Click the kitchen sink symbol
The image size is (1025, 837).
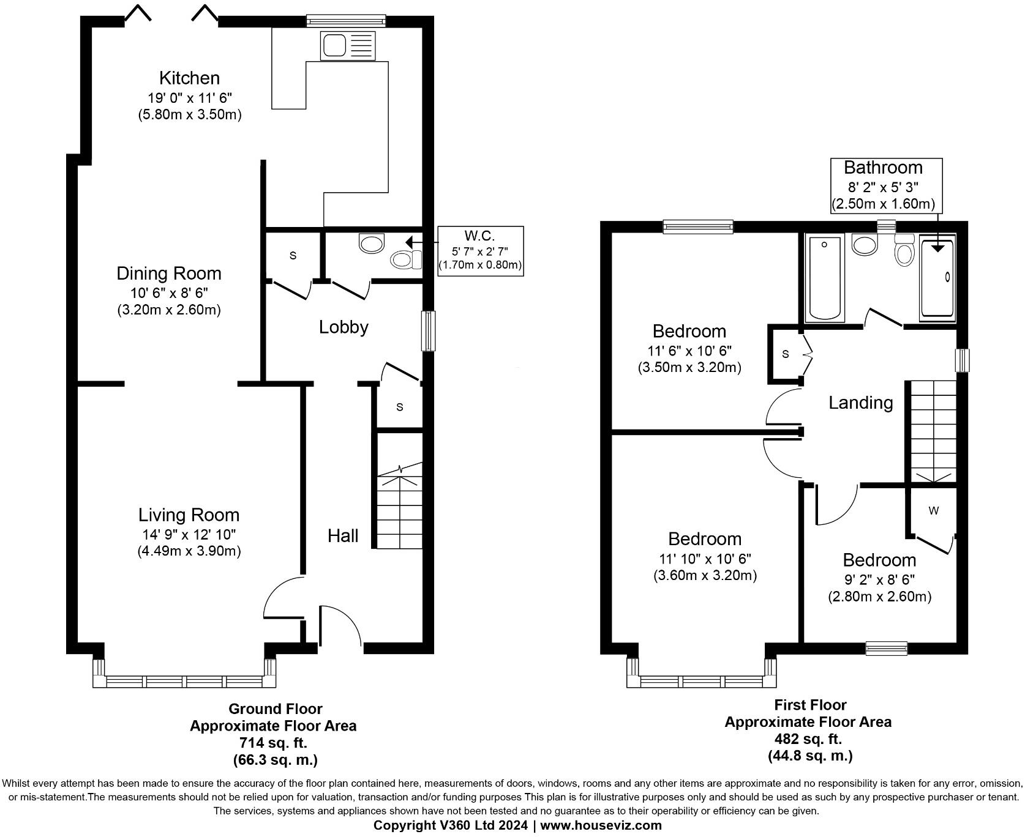[346, 46]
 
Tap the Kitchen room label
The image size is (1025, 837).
[189, 78]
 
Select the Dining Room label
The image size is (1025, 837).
[169, 273]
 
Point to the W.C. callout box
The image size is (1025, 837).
[480, 251]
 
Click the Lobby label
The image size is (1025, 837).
[344, 327]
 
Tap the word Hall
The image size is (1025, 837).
[342, 536]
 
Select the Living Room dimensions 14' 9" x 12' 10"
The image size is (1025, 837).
[189, 534]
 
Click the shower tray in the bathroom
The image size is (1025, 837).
[937, 278]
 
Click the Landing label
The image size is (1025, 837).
[860, 403]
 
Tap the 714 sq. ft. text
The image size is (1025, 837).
[273, 743]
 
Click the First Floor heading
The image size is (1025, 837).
[809, 705]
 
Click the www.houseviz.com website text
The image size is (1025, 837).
[601, 825]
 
